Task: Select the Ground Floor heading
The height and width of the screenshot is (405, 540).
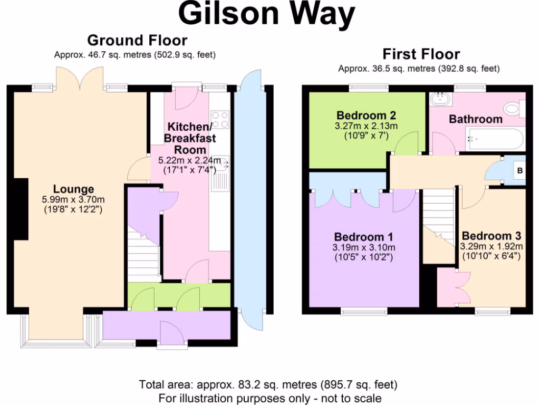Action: (x=137, y=40)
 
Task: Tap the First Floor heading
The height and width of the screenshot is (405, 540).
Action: (x=421, y=54)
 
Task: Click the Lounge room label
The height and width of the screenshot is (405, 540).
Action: (x=73, y=189)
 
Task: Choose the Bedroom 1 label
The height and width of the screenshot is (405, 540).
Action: (x=363, y=237)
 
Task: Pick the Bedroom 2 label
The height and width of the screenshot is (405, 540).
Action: (x=366, y=115)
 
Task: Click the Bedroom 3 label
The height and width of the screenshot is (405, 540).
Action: (x=490, y=236)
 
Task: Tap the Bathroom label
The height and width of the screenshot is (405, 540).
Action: (x=475, y=119)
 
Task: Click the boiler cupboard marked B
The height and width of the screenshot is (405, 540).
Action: (x=519, y=171)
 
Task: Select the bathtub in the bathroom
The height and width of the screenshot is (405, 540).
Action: (x=495, y=139)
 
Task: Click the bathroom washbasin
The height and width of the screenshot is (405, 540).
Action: (x=439, y=99)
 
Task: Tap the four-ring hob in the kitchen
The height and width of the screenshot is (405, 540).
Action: (x=220, y=119)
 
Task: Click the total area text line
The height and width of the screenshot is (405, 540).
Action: (x=268, y=384)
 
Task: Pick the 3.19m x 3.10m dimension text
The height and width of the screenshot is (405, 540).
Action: (x=363, y=247)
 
